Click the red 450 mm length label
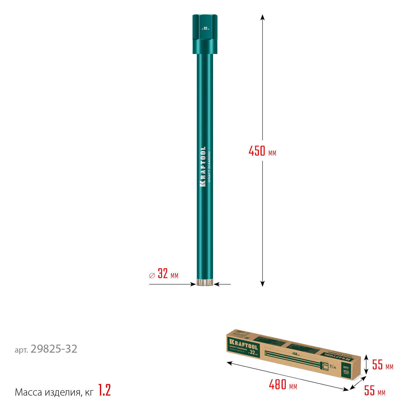(x=262, y=151)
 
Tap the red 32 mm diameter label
(x=164, y=274)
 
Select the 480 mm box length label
(x=283, y=385)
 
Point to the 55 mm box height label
(x=382, y=365)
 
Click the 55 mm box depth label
(x=374, y=391)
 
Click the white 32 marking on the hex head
(x=206, y=28)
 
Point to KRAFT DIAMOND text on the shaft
(x=209, y=167)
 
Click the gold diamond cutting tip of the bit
(x=205, y=282)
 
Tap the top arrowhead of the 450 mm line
(x=262, y=17)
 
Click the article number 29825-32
(x=54, y=349)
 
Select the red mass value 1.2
(x=104, y=390)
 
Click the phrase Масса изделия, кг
(x=54, y=392)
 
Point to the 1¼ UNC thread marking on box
(x=333, y=366)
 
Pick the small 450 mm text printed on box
(x=296, y=354)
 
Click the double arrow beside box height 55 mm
(x=366, y=364)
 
